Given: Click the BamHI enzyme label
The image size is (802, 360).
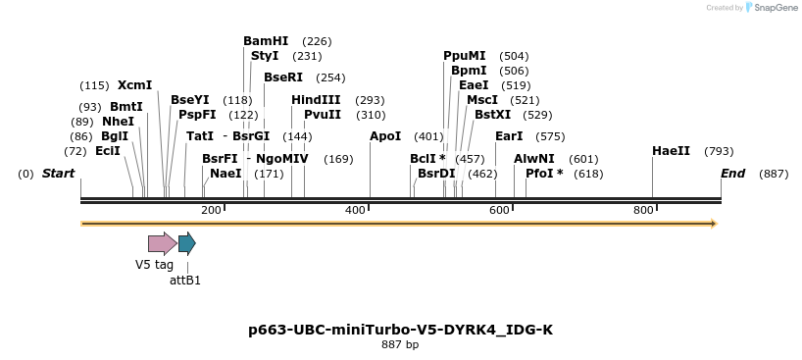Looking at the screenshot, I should (x=266, y=41).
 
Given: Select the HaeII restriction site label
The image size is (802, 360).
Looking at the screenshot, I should (x=671, y=151).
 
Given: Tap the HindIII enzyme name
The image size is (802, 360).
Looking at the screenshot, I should (x=316, y=100).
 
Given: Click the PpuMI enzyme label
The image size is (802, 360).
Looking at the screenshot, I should (x=464, y=56).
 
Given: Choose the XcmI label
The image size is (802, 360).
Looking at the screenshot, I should (x=134, y=85).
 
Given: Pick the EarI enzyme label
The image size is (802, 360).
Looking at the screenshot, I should (x=509, y=136).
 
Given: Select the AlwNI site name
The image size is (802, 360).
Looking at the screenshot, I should (x=533, y=159).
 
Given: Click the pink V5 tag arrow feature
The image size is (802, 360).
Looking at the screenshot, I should (x=162, y=243).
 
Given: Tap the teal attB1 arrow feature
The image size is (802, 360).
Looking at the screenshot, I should (x=186, y=243).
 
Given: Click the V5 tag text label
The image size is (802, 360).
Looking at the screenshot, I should (x=154, y=264).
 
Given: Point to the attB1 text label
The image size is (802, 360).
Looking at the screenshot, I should (x=185, y=281).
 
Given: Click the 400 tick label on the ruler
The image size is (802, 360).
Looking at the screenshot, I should (x=355, y=211).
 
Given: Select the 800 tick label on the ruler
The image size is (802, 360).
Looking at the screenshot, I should (x=643, y=211).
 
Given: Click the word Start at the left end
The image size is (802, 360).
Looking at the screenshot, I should (x=58, y=174).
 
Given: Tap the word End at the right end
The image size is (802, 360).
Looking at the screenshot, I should (x=733, y=174).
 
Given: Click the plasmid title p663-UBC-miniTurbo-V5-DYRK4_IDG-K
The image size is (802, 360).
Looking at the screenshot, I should (x=400, y=330).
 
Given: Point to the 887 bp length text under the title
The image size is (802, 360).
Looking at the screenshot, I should (x=400, y=345).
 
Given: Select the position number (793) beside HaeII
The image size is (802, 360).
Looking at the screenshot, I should (x=719, y=151).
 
